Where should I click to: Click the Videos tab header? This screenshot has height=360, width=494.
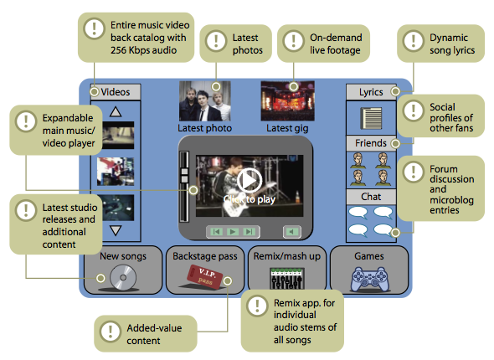(116, 92)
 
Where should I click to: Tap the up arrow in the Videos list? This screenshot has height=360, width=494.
(116, 112)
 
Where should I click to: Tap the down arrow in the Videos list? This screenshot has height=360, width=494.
(116, 230)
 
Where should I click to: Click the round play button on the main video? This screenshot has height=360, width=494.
(250, 181)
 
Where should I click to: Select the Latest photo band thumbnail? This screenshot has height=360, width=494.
(205, 101)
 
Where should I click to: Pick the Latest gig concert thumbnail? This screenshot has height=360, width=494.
(288, 100)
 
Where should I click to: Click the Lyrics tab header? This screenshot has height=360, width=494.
(371, 92)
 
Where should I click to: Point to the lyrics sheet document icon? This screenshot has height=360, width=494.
(371, 118)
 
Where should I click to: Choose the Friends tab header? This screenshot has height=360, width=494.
(371, 143)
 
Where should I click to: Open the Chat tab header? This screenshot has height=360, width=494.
(371, 197)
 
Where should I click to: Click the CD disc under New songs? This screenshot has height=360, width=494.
(123, 277)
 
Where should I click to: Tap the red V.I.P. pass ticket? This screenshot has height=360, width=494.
(204, 276)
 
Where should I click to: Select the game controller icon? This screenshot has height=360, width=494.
(369, 279)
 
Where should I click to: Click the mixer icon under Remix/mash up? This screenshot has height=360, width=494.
(287, 278)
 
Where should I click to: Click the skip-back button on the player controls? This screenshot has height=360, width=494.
(217, 232)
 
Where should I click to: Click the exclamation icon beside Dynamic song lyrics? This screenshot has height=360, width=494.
(413, 41)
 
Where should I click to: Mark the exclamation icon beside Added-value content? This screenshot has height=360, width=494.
(111, 332)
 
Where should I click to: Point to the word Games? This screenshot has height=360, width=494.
(369, 256)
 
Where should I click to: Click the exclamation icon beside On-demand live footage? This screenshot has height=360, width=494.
(293, 41)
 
